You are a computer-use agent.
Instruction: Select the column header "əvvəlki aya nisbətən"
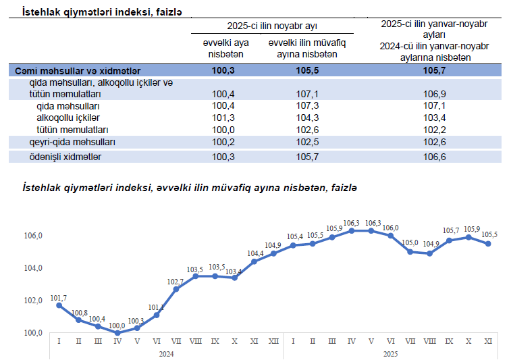[x=226, y=49]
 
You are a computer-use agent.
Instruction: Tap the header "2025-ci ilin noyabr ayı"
[x=273, y=26]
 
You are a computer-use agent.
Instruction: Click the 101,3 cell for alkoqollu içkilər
[x=223, y=118]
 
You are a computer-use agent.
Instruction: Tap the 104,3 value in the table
[x=306, y=118]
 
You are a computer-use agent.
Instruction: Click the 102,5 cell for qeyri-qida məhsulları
[x=306, y=142]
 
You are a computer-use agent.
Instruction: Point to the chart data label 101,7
[x=59, y=297]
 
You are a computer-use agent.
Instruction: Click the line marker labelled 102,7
[x=176, y=289]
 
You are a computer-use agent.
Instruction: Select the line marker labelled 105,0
[x=410, y=252]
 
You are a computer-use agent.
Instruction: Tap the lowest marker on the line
[x=117, y=332]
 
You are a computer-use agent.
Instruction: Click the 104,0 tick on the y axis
[x=34, y=268]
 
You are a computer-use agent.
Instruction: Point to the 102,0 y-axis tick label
[x=34, y=301]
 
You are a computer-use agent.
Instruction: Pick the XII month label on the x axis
[x=274, y=341]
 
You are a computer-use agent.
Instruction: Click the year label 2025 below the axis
[x=391, y=353]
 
